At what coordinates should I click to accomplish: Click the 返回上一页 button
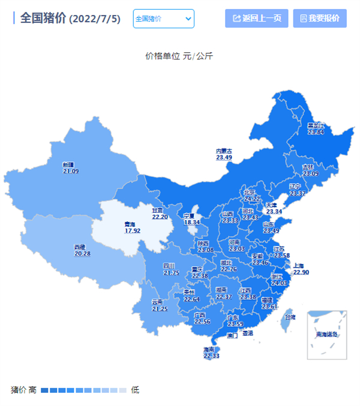click(x=257, y=18)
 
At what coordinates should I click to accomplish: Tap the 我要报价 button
click(x=320, y=18)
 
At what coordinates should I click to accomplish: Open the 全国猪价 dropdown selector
click(x=163, y=19)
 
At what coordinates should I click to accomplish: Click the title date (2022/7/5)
click(x=95, y=19)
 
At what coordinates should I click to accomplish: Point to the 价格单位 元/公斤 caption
click(x=179, y=56)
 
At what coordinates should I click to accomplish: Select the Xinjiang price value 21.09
click(x=71, y=172)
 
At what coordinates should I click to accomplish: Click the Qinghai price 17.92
click(x=133, y=230)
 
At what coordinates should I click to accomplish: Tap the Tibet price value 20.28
click(x=83, y=254)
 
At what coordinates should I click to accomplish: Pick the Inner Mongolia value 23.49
click(x=224, y=158)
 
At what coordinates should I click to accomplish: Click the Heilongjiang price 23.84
click(x=316, y=132)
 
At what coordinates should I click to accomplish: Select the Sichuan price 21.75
click(x=171, y=273)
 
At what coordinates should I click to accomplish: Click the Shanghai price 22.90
click(x=301, y=272)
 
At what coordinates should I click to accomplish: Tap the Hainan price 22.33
click(x=211, y=356)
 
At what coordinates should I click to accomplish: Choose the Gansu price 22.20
click(x=160, y=217)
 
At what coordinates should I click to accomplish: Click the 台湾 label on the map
click(x=289, y=317)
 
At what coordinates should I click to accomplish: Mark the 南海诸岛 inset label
click(x=327, y=335)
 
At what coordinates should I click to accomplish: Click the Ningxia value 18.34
click(x=191, y=222)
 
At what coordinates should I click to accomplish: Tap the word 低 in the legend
click(x=135, y=390)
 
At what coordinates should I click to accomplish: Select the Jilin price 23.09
click(x=310, y=174)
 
